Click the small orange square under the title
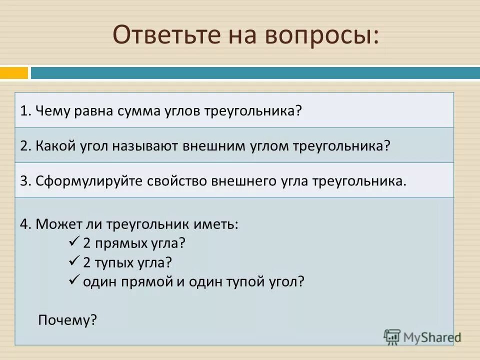point(14,73)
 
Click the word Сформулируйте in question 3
point(90,180)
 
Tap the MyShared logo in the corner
point(422,336)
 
